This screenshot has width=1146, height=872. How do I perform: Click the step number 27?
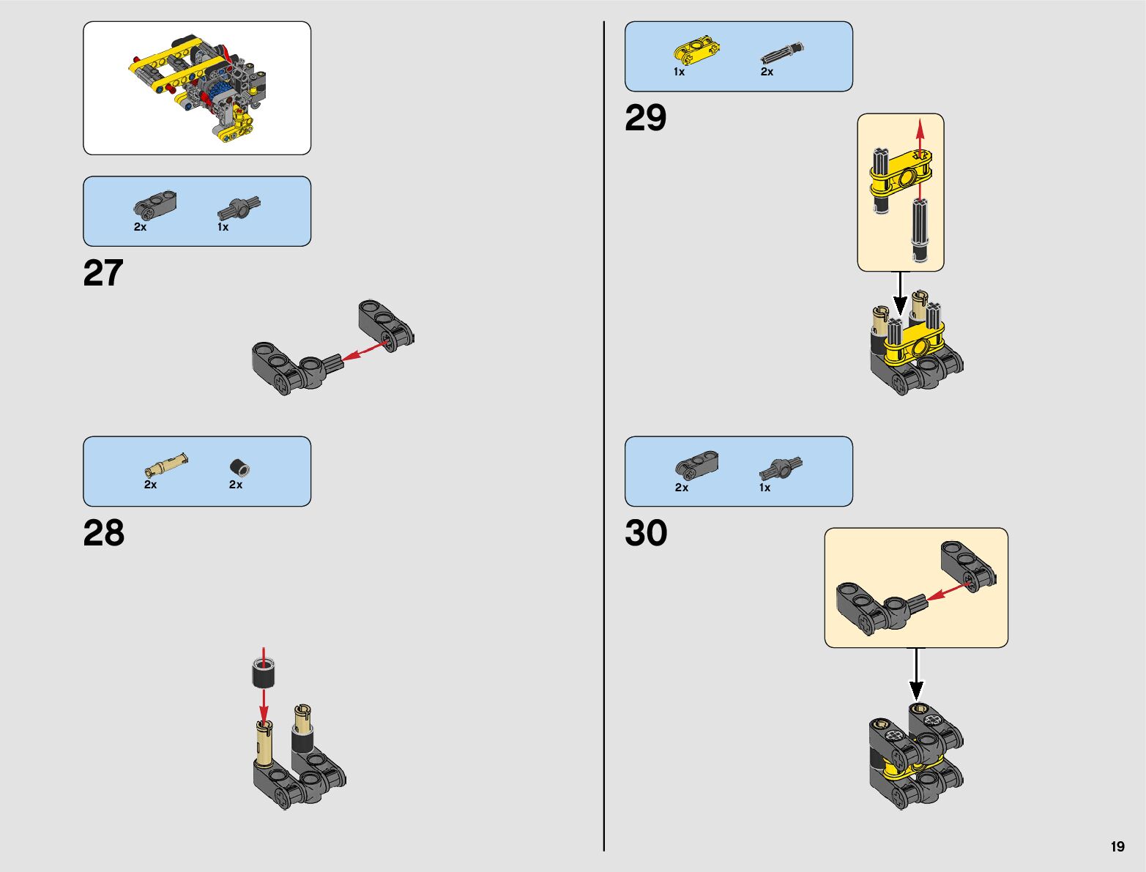pos(103,274)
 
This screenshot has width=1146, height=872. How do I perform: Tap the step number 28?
pos(104,534)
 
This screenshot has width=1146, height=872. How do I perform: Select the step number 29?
pos(645,119)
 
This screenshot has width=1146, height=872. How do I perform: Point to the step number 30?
pos(646,534)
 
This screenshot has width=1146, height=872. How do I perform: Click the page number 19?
pos(1117,846)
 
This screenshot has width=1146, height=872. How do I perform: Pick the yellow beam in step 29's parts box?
pos(696,51)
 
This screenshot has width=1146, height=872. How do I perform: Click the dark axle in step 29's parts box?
pos(782,53)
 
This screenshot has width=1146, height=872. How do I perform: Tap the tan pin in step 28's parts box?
pos(165,465)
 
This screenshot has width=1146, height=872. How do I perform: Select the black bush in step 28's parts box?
pos(239,467)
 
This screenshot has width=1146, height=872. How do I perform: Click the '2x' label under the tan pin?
pos(150,485)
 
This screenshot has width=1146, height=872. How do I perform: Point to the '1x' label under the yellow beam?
pos(679,72)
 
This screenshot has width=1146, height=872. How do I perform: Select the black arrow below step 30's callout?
pos(916,674)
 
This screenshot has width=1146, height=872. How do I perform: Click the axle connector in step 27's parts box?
pos(239,208)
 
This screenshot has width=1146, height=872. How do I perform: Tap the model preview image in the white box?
pos(197,88)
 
